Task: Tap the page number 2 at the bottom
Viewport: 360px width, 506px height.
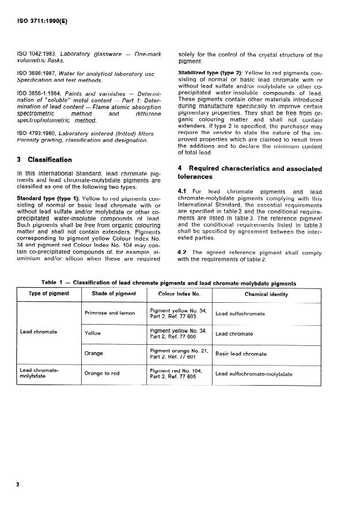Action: point(18,485)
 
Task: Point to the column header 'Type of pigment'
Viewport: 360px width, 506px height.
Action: point(49,294)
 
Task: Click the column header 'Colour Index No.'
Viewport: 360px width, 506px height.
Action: point(179,294)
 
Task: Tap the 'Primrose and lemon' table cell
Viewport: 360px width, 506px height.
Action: point(109,313)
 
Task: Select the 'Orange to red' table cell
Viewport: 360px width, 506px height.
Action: point(102,374)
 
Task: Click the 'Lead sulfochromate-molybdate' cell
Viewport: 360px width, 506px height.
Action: point(253,374)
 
